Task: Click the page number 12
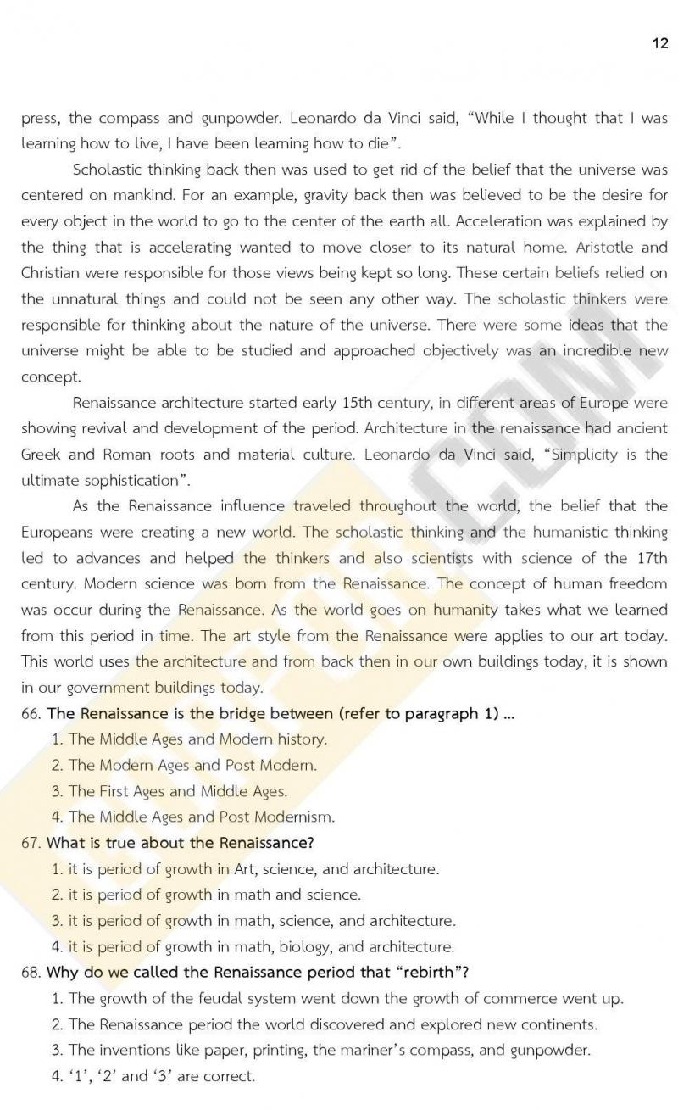click(x=660, y=43)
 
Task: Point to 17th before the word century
click(x=648, y=557)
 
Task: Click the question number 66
click(x=31, y=713)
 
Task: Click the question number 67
click(x=31, y=843)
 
